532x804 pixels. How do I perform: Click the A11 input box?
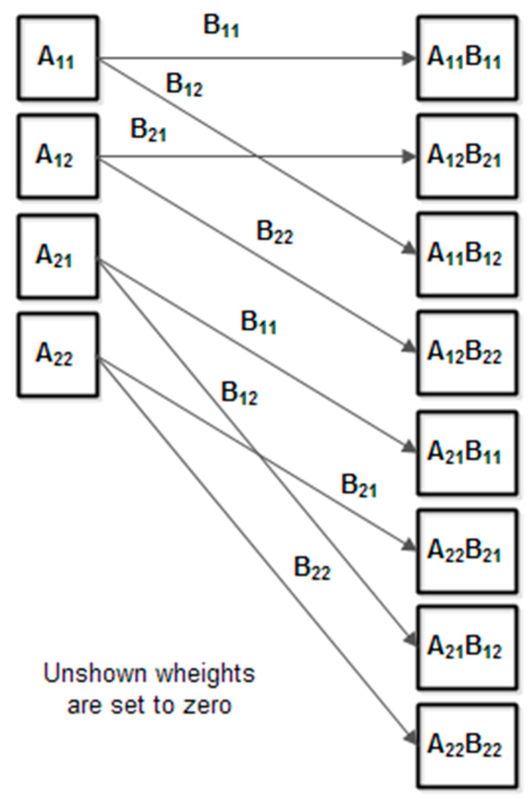(58, 58)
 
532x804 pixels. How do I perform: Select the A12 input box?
(58, 156)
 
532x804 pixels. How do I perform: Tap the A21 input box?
(58, 256)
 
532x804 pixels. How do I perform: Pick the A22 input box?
(58, 354)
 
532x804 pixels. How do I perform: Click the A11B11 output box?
(467, 58)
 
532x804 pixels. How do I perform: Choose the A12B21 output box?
(467, 156)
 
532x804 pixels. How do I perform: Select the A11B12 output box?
(467, 254)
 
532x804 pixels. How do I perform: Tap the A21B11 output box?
(467, 452)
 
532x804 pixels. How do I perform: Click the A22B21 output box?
(467, 550)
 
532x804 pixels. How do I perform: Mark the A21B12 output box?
(467, 647)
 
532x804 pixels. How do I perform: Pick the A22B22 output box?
(467, 745)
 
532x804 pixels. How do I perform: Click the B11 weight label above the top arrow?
(221, 26)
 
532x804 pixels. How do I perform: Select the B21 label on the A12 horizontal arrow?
(148, 130)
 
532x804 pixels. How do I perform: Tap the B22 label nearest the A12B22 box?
(275, 232)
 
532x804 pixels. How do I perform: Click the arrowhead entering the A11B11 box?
(409, 58)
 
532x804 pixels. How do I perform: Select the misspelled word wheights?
(205, 673)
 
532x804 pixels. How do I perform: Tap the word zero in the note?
(207, 705)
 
